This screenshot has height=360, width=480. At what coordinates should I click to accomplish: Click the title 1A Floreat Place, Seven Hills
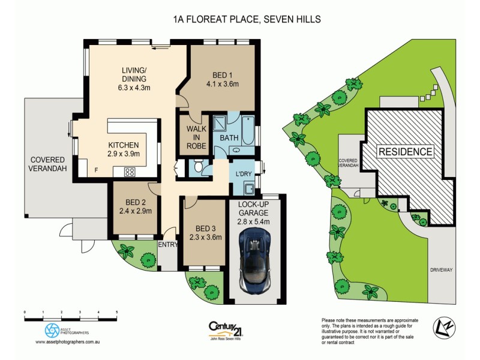(246, 19)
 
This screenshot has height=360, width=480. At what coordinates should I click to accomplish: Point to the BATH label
(229, 138)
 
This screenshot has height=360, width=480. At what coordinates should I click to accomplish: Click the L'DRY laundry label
(244, 173)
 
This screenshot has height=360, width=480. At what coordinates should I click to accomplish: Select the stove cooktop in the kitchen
(130, 172)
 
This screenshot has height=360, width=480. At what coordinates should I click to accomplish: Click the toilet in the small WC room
(199, 166)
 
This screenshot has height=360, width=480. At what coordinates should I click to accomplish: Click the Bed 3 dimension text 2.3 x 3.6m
(205, 238)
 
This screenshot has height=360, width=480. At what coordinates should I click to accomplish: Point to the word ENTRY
(169, 244)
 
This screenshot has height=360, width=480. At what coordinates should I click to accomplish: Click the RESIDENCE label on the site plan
(405, 152)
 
